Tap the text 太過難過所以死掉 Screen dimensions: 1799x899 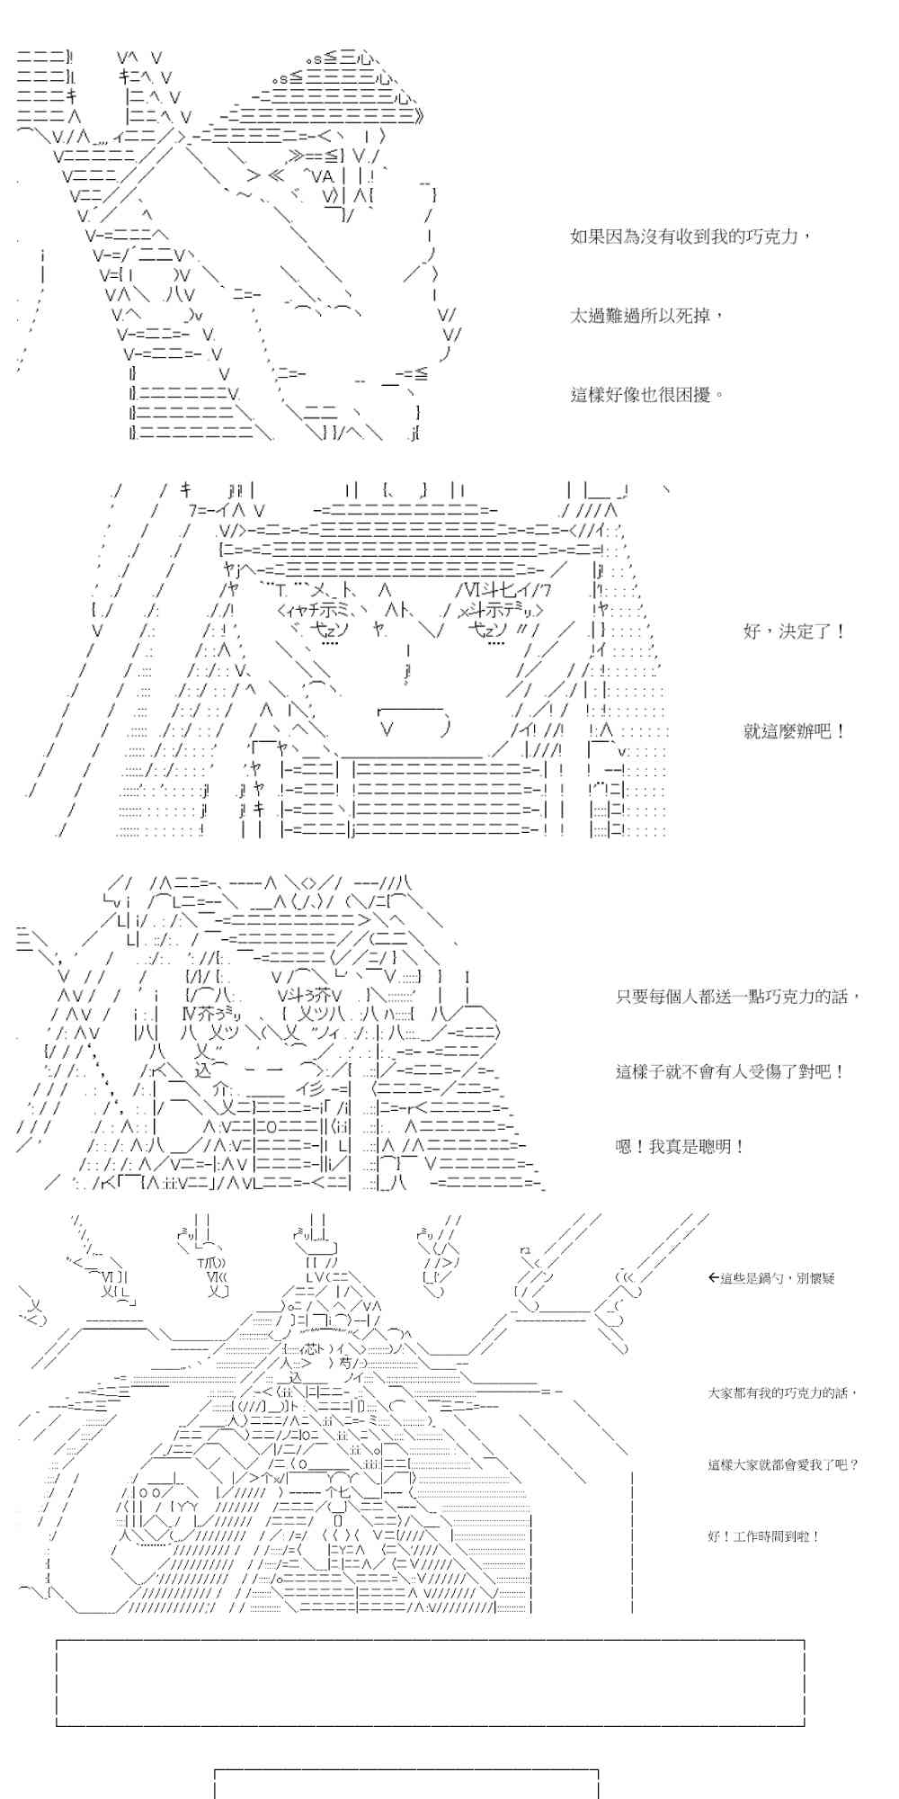coord(647,316)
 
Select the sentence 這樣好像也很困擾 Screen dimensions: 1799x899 coord(647,394)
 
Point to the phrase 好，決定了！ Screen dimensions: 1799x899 coord(795,631)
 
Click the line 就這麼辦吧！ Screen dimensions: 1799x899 coord(795,730)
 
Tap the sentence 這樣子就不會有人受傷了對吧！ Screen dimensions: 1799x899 coord(730,1071)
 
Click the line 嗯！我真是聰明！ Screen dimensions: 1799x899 coord(680,1147)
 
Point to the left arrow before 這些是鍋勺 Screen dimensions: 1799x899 coord(714,1277)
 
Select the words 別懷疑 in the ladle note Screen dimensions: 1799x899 coord(815,1277)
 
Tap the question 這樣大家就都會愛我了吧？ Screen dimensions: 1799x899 coord(782,1464)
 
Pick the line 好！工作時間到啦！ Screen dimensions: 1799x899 coord(763,1536)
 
